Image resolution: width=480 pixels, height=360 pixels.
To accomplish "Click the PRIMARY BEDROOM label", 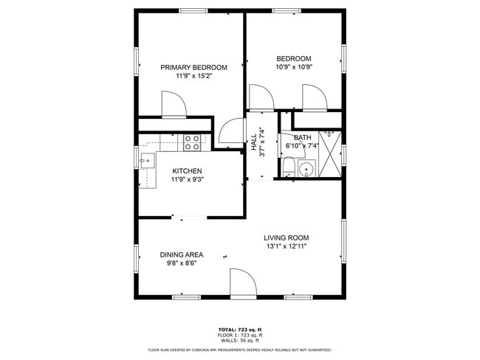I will click(193, 67).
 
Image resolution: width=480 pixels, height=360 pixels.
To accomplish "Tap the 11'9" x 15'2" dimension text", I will click(193, 76).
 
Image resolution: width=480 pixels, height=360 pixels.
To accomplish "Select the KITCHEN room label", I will click(187, 170).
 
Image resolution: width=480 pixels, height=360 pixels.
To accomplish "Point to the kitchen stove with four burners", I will click(193, 142).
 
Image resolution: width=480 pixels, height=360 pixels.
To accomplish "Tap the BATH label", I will click(302, 137).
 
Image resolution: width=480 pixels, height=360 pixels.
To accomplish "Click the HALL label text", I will click(253, 142).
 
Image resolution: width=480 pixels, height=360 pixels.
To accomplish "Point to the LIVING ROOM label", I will click(287, 238).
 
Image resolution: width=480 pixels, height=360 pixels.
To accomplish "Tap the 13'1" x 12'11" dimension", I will click(287, 246).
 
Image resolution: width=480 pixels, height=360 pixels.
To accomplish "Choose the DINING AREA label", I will click(182, 255).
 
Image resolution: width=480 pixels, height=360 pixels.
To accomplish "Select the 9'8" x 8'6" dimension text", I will click(182, 263).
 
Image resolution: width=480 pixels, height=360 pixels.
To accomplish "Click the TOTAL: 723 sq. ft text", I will click(240, 329).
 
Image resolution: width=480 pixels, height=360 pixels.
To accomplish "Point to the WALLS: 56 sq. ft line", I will click(240, 341).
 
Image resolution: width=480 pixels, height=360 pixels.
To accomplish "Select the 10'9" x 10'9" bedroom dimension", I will click(294, 68).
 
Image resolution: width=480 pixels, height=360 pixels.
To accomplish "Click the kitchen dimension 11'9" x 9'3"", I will click(187, 179).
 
